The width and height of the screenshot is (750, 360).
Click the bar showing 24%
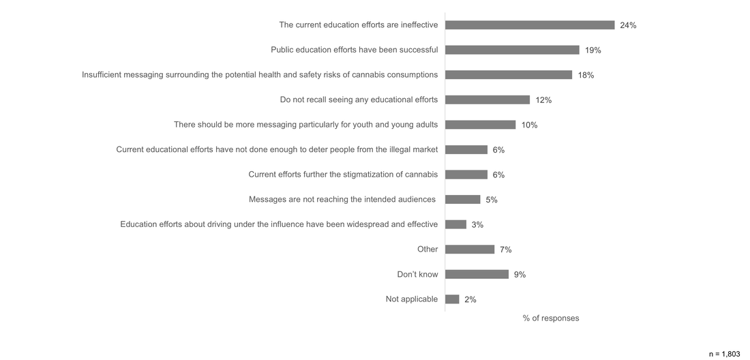coord(530,25)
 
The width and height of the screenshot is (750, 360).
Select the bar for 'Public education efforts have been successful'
coord(512,50)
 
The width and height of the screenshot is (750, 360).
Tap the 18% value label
coord(586,75)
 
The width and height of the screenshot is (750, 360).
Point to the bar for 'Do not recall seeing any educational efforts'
coord(487,100)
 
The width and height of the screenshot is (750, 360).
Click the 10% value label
coord(530,125)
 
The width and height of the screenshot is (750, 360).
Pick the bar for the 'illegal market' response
coord(466,149)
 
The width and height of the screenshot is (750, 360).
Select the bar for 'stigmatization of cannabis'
coord(466,175)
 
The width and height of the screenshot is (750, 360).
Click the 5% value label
coord(492,200)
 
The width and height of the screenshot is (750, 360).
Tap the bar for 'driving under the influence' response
coord(455,224)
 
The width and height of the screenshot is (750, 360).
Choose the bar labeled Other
coord(470,250)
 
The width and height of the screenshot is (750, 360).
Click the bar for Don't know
coord(477,274)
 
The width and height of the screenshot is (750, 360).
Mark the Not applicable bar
coord(452,299)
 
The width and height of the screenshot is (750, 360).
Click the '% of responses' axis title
coord(551,318)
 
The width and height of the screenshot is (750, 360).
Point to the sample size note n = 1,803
coord(724,355)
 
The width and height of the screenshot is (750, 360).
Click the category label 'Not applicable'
coord(412,299)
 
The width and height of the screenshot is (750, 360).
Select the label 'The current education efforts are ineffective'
coord(359,25)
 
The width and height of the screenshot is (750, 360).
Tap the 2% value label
coord(470,299)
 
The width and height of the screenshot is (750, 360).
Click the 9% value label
coord(520,275)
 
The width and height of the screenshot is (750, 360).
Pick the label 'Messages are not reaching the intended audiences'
coord(342,200)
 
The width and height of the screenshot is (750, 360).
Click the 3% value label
coord(477,225)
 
